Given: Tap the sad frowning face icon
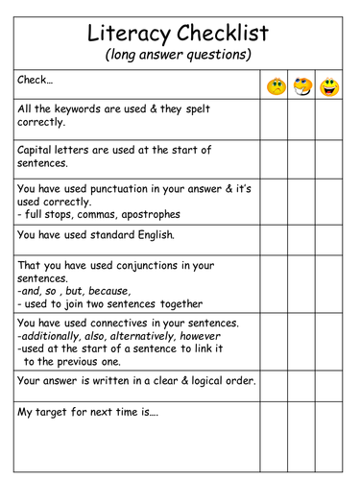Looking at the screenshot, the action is pyautogui.click(x=276, y=87).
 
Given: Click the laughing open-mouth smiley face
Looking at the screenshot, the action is pyautogui.click(x=329, y=87).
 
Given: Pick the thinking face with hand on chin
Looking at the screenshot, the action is pyautogui.click(x=302, y=87).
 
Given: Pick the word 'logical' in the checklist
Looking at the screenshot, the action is pyautogui.click(x=199, y=381).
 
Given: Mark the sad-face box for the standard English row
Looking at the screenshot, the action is pyautogui.click(x=276, y=235).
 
